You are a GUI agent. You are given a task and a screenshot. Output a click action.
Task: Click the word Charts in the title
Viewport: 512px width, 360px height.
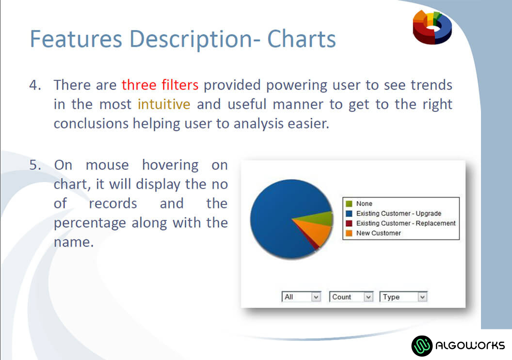[302, 39]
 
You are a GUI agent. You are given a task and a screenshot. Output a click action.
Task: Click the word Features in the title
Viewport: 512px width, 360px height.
[76, 39]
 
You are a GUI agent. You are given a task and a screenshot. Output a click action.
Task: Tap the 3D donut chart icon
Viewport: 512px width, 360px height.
[432, 27]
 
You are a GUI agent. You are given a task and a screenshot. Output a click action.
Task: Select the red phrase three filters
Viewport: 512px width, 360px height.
[160, 85]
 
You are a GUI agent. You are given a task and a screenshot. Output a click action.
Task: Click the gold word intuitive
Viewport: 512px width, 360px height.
[164, 104]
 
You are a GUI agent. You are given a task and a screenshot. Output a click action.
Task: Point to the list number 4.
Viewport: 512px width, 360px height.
[35, 85]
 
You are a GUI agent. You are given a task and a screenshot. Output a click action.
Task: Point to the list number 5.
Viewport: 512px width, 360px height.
[35, 165]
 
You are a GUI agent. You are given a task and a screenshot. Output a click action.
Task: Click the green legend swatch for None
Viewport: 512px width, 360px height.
[349, 203]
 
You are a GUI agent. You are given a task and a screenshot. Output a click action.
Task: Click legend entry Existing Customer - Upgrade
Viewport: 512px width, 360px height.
[399, 214]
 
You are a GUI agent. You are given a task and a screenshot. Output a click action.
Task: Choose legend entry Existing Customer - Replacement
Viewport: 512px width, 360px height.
[406, 223]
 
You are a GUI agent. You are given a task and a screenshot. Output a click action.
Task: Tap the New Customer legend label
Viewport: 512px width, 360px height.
[379, 233]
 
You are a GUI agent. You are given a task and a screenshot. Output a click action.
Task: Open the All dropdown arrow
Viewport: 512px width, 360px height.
[316, 297]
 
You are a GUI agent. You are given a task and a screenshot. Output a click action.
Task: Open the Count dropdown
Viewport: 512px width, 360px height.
[351, 297]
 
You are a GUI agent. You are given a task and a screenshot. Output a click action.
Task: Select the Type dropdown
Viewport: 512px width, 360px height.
[403, 297]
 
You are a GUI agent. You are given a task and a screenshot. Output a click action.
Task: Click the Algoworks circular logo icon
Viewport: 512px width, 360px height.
[422, 345]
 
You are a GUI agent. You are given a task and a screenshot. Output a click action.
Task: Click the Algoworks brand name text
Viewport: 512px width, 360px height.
[470, 345]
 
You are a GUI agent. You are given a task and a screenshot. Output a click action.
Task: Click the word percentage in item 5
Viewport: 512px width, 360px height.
[90, 223]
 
